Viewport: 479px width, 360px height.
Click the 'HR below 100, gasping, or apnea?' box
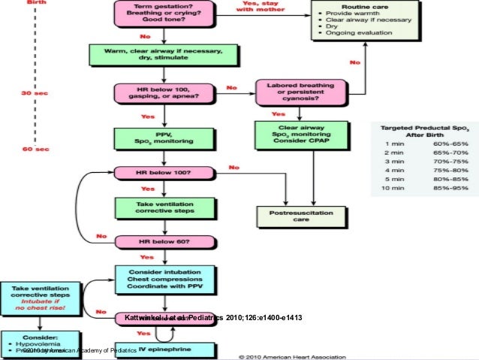[155, 95]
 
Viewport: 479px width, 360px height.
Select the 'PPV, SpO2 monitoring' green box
[155, 138]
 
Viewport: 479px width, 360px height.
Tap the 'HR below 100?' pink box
[155, 173]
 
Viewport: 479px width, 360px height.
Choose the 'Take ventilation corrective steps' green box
[155, 207]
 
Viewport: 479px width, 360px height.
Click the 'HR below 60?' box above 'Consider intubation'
[155, 242]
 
